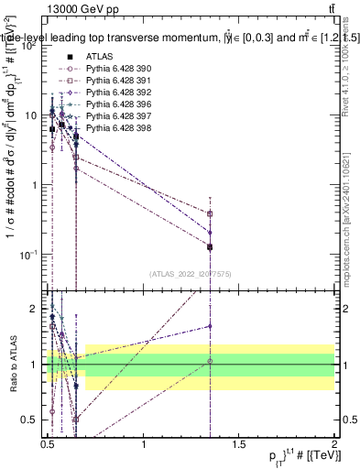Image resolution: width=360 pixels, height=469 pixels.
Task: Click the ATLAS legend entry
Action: [x=86, y=57]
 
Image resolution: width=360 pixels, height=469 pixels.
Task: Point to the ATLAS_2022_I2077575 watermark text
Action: [x=191, y=273]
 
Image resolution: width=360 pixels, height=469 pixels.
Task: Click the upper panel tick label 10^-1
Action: [x=27, y=254]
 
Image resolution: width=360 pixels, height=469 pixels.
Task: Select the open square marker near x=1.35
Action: [x=211, y=213]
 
